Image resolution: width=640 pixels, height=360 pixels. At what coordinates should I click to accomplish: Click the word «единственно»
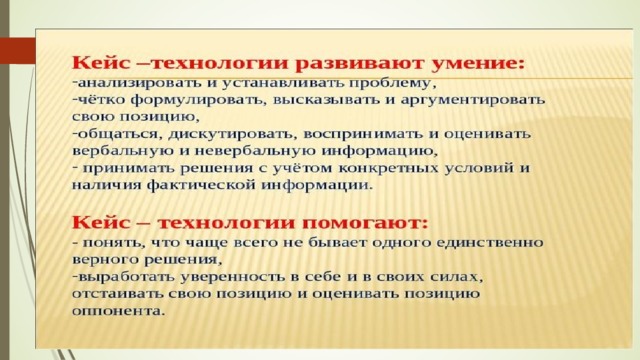tap(490, 242)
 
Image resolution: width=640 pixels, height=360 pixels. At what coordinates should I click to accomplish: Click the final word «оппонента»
tap(118, 311)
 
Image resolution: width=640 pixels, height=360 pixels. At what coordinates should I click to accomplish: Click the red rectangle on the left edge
tap(18, 50)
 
